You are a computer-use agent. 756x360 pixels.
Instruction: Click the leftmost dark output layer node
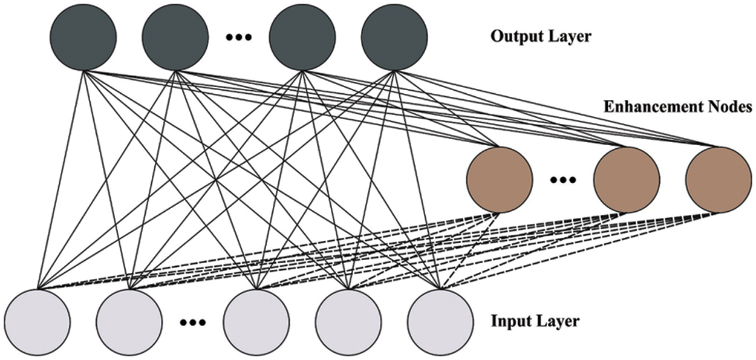83,38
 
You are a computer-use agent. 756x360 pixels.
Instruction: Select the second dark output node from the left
175,38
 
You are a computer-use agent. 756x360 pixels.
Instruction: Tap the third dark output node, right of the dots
302,38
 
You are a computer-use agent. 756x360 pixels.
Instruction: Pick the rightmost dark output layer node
394,38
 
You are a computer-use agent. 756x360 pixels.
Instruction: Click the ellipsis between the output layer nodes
238,38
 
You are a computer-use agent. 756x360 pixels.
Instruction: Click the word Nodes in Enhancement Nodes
730,108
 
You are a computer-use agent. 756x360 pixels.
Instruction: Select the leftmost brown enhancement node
500,180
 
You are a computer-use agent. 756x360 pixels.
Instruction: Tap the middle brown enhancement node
626,180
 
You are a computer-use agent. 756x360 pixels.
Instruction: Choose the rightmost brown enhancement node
719,180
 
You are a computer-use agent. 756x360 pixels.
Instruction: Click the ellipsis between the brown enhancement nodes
563,180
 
